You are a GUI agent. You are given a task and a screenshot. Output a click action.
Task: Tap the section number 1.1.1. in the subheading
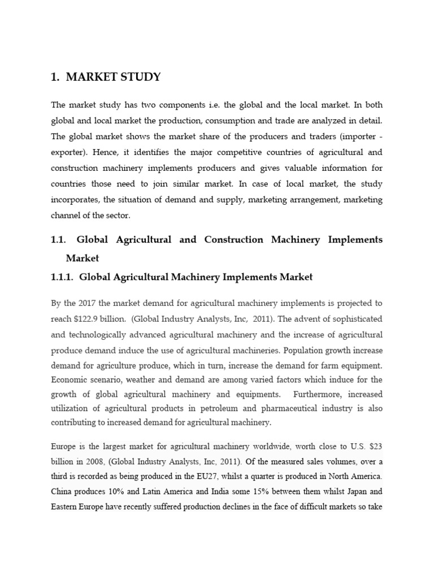[63, 277]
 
